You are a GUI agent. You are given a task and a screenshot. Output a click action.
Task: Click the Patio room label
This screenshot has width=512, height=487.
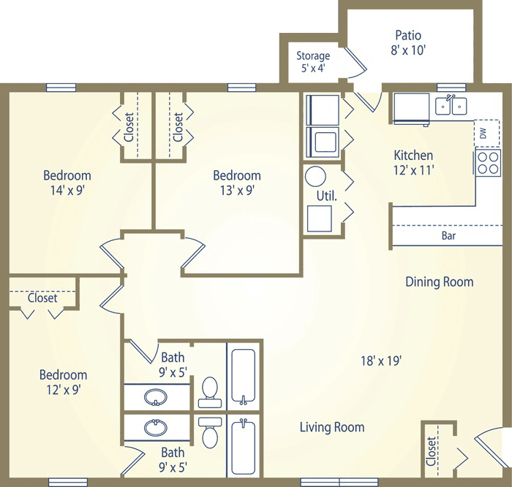[408, 35]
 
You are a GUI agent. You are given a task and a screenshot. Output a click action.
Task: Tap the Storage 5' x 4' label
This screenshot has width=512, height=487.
[313, 61]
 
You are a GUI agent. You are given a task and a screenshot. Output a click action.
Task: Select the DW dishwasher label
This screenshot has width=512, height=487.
[483, 133]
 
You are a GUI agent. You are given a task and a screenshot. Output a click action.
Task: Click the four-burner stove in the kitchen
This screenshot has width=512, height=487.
[488, 163]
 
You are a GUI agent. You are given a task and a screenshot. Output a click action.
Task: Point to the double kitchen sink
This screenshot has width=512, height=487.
[451, 106]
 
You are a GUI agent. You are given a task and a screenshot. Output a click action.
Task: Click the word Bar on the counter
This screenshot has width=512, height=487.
[448, 235]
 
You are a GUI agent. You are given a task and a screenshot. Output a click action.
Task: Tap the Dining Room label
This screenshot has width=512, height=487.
[439, 282]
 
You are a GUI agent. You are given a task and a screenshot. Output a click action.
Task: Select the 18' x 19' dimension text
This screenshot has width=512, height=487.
[381, 361]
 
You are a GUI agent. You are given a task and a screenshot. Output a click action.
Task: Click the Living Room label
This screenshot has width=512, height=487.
[332, 427]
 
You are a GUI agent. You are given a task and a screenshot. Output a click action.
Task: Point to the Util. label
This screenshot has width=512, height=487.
[326, 196]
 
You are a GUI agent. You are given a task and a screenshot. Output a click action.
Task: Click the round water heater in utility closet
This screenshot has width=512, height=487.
[315, 177]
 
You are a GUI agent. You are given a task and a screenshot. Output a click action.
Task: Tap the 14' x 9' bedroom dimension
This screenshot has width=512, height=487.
[67, 191]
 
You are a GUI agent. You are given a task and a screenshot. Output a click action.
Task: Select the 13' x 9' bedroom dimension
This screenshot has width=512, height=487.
[238, 191]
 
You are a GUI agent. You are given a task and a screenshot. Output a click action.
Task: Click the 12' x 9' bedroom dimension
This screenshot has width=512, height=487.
[64, 390]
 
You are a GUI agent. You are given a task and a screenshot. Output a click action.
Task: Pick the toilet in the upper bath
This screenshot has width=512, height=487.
[210, 392]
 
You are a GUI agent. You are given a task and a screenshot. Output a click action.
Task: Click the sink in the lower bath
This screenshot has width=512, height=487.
[156, 428]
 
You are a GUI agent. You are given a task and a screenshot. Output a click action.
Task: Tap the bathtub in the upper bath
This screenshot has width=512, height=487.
[244, 376]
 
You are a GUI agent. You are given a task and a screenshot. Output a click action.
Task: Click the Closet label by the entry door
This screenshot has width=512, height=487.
[431, 451]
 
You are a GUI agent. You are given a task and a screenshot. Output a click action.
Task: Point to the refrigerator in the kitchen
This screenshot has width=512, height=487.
[411, 108]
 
